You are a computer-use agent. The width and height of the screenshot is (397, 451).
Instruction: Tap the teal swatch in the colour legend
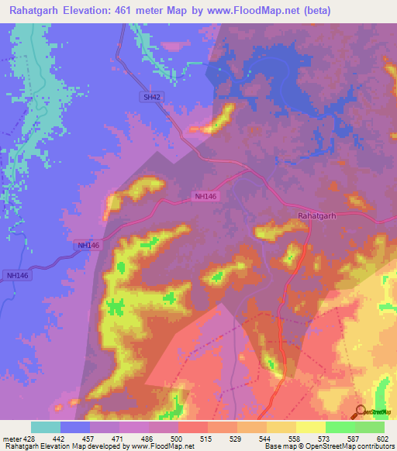[46, 427]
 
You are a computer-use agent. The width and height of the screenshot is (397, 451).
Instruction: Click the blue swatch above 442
[75, 427]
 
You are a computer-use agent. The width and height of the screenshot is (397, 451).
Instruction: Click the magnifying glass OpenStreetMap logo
[361, 411]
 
